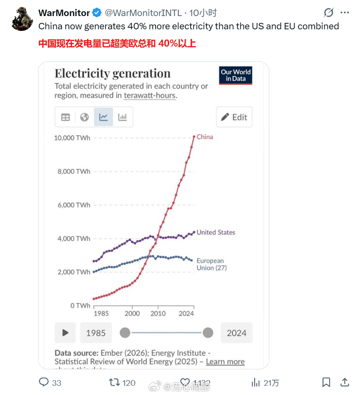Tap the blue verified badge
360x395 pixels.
(97, 13)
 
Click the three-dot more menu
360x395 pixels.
(344, 13)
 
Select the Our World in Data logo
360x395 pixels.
(236, 75)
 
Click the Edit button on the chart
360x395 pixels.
(234, 117)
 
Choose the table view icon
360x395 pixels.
(65, 117)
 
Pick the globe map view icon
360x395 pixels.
(84, 117)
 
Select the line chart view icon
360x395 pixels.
(104, 117)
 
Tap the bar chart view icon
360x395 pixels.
(122, 117)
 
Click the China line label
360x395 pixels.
(205, 137)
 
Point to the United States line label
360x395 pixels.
(216, 232)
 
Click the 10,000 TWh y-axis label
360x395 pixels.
(72, 138)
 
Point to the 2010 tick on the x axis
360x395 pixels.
(158, 314)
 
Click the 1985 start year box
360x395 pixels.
(96, 333)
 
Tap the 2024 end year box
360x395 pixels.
(236, 333)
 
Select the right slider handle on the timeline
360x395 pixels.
(208, 333)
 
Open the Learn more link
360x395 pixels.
(225, 362)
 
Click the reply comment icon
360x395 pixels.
(44, 382)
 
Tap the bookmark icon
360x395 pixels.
(326, 382)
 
